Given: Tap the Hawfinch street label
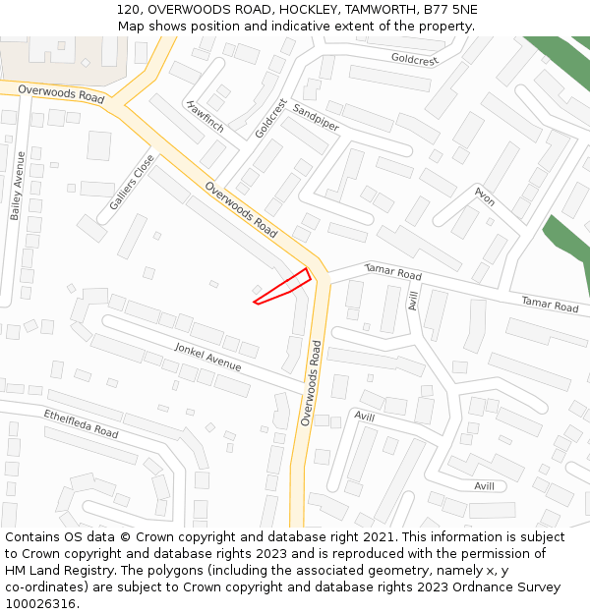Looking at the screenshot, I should point(205,116).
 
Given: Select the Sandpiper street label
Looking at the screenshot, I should point(316,119).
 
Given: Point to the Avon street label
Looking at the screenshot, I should point(484,195).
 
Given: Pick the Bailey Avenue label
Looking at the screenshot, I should point(16,185).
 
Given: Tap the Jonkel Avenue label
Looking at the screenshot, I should point(207,357).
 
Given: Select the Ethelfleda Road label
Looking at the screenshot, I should point(81,424).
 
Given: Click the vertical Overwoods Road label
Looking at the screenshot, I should point(311,382).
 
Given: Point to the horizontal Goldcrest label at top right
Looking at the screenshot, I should point(414,60).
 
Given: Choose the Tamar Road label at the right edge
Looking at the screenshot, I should point(550,306).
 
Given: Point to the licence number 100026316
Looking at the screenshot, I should point(40,603).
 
